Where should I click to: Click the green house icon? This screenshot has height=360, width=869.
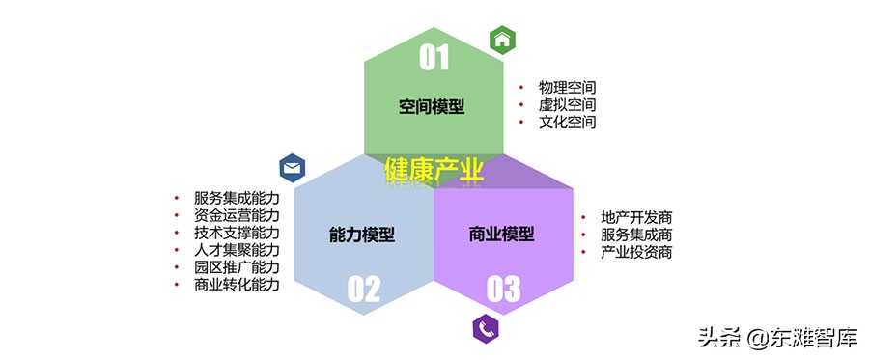(502, 41)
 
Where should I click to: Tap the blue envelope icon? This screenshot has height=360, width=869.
(293, 169)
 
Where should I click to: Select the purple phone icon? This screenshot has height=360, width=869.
(485, 328)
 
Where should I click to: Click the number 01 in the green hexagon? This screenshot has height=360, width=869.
(434, 58)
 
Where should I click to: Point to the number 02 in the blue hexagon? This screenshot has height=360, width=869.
(364, 288)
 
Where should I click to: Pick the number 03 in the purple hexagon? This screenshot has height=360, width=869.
(503, 288)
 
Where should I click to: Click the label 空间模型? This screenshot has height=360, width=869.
(432, 106)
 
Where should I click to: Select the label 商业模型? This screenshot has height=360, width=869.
(501, 235)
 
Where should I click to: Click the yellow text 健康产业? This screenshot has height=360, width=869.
(434, 171)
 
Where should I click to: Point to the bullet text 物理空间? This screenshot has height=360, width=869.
(568, 87)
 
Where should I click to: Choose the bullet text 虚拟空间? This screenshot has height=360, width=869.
(568, 104)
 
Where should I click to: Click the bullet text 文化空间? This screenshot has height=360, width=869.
(568, 123)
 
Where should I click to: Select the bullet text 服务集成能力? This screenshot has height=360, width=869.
(237, 197)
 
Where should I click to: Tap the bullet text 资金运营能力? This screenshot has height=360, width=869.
(237, 214)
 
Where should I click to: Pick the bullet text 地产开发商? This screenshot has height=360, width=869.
(636, 217)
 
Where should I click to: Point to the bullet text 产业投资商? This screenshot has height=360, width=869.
(636, 252)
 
